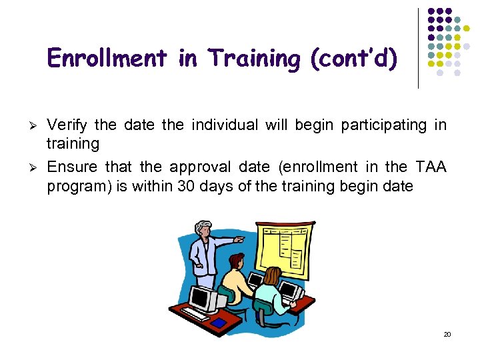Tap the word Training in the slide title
[255, 59]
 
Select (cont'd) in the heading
[354, 59]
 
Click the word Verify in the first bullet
[68, 125]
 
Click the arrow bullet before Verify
[33, 125]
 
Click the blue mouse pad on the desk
[219, 323]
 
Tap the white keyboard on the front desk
[195, 313]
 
